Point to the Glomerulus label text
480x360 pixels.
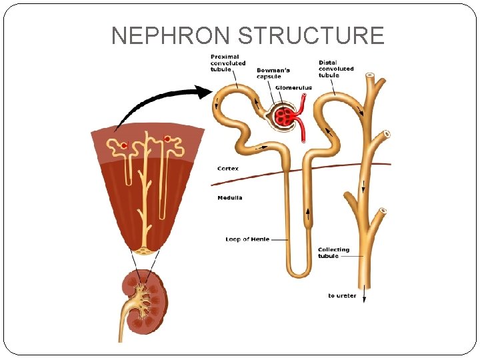294,87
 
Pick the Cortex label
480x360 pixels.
228,169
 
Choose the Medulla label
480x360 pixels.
230,197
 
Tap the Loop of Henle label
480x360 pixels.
247,239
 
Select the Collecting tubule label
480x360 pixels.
333,253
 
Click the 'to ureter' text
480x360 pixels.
342,295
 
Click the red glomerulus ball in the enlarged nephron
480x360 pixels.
285,117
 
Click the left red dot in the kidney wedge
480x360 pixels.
123,145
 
